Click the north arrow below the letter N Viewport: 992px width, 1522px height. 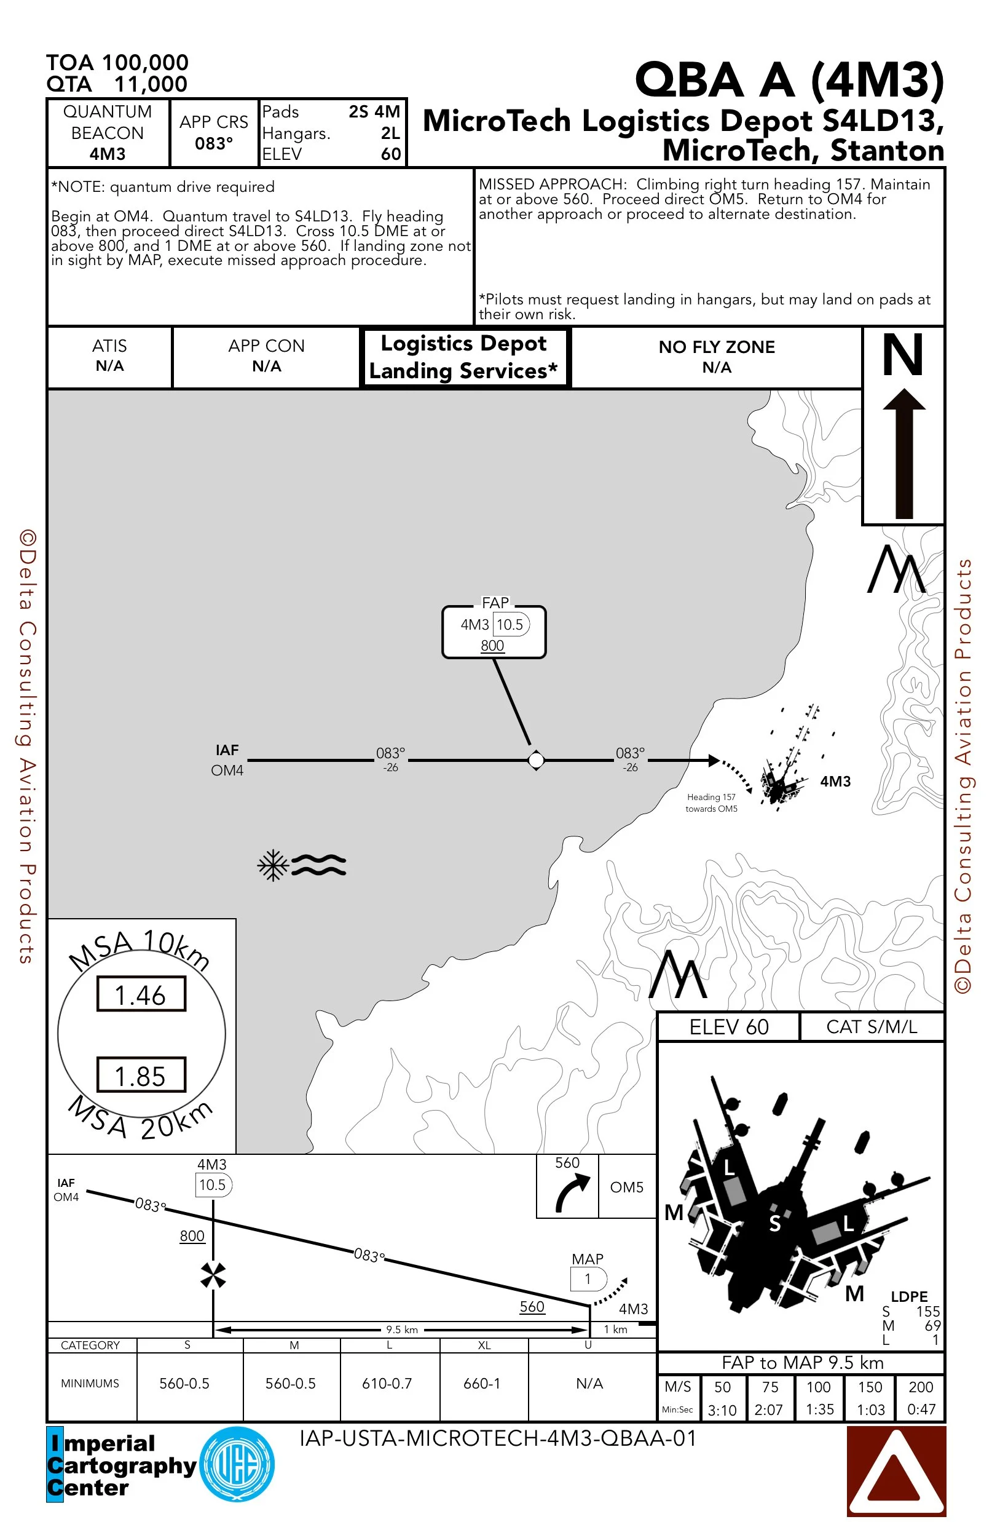(903, 454)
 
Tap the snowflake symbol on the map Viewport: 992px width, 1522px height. (273, 865)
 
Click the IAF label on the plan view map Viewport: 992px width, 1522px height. (227, 750)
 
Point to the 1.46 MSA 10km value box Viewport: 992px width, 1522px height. (141, 994)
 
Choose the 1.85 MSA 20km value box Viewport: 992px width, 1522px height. (141, 1076)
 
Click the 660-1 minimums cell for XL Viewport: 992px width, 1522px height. (482, 1383)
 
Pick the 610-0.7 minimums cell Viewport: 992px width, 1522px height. (387, 1383)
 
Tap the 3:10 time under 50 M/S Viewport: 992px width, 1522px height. (722, 1410)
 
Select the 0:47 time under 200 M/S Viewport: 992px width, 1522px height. (921, 1409)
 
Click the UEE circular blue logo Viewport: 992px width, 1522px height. (237, 1464)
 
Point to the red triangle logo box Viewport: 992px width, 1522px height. (896, 1472)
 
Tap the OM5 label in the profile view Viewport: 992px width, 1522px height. (626, 1187)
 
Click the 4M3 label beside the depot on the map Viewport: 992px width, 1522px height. (835, 782)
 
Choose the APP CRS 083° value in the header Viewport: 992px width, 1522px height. (213, 143)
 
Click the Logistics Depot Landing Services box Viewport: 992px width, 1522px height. (464, 357)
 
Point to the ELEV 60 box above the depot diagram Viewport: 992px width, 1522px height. (729, 1027)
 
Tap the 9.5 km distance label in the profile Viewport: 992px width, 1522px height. (402, 1330)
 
